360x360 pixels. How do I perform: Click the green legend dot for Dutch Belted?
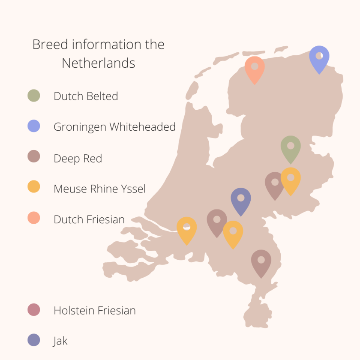pos(34,96)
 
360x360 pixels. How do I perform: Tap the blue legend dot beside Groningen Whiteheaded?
pos(34,126)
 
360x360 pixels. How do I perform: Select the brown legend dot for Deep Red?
pos(34,157)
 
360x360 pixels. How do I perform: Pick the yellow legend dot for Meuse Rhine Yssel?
pos(34,187)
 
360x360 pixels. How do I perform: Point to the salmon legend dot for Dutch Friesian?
pos(34,218)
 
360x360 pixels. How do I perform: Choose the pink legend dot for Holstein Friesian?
pos(34,310)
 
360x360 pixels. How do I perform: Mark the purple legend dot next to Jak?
pos(34,340)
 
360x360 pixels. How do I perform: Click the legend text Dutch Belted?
pos(86,96)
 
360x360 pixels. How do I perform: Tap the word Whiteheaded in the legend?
pos(143,127)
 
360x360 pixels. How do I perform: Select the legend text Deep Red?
pos(78,159)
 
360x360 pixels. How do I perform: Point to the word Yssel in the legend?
pos(133,189)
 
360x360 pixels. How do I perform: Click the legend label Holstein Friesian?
pos(95,310)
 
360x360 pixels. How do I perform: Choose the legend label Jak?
pos(60,341)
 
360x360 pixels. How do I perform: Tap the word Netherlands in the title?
pos(99,63)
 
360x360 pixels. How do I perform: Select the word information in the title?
pos(106,45)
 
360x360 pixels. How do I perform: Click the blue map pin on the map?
pos(319,58)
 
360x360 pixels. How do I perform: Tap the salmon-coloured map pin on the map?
pos(255,69)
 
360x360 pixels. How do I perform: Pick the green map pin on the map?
pos(291,148)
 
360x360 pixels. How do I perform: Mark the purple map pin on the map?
pos(241,200)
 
